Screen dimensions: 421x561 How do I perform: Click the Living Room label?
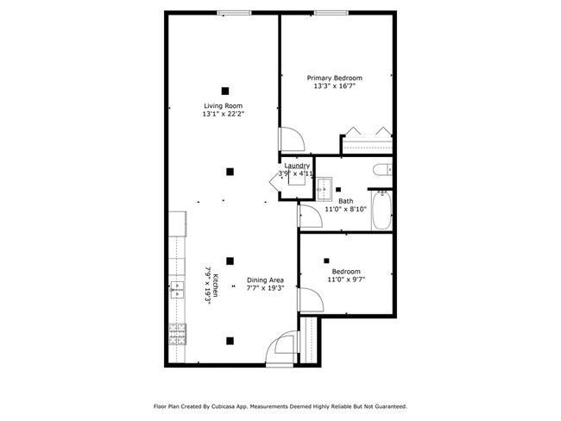pyautogui.click(x=223, y=106)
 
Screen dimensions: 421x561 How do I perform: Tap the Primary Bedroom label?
pyautogui.click(x=335, y=78)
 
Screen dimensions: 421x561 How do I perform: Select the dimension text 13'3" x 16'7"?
pyautogui.click(x=335, y=86)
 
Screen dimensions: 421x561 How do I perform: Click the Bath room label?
pyautogui.click(x=345, y=201)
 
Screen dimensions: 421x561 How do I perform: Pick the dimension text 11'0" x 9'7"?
pyautogui.click(x=345, y=279)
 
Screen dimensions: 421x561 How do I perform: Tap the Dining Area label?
pyautogui.click(x=265, y=280)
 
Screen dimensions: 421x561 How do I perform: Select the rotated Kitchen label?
pyautogui.click(x=217, y=286)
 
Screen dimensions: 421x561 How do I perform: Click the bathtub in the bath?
pyautogui.click(x=382, y=212)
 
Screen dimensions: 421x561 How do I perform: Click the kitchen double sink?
pyautogui.click(x=178, y=289)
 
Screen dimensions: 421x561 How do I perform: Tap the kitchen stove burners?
pyautogui.click(x=178, y=334)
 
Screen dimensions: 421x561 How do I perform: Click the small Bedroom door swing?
pyautogui.click(x=308, y=301)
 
